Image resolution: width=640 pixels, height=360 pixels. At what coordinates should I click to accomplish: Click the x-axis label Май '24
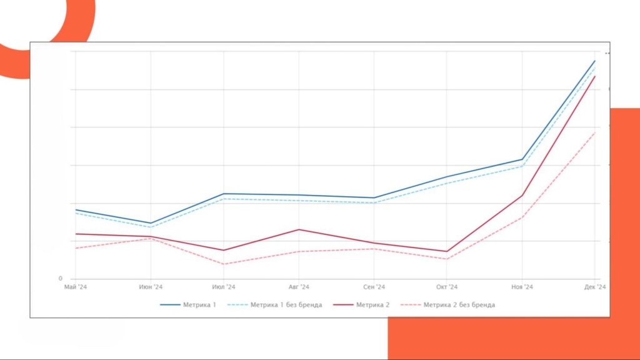point(74,287)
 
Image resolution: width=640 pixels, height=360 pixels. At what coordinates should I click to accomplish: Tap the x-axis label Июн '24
point(150,287)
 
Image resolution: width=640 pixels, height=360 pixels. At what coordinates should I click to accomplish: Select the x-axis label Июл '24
point(224,287)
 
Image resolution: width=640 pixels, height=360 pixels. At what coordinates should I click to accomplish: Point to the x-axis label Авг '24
point(299,287)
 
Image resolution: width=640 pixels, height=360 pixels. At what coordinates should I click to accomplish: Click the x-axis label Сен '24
point(374,287)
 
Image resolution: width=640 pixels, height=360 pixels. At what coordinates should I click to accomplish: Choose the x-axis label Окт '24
point(447,287)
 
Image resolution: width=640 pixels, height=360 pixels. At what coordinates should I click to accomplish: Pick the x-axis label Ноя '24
point(522,287)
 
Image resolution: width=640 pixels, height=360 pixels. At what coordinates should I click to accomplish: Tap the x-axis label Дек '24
point(594,287)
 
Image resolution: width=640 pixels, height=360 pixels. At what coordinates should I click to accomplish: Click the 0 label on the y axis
point(61,279)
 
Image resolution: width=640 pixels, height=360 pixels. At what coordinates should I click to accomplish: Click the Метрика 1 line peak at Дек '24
point(595,61)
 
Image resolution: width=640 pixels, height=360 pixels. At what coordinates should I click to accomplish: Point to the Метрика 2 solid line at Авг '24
point(299,229)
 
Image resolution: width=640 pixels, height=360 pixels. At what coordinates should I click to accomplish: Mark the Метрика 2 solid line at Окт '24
point(447,251)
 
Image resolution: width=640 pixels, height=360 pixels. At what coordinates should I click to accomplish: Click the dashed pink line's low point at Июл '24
point(224,264)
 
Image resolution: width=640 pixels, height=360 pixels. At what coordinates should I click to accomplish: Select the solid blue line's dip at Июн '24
point(150,223)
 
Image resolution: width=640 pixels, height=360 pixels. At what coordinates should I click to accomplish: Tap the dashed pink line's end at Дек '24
point(595,132)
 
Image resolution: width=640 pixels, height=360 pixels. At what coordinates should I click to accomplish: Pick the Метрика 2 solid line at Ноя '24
point(522,196)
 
